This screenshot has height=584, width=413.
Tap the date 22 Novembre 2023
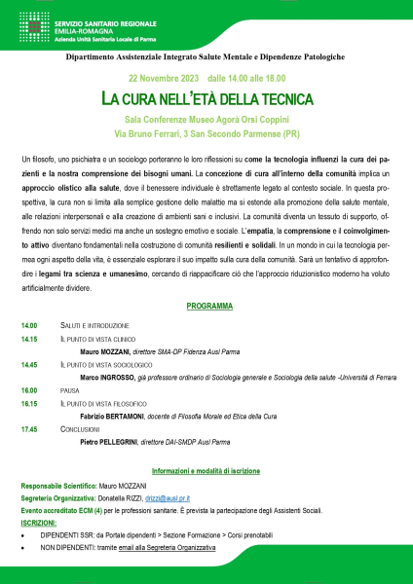click(162, 77)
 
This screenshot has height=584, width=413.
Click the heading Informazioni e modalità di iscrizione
click(206, 470)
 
